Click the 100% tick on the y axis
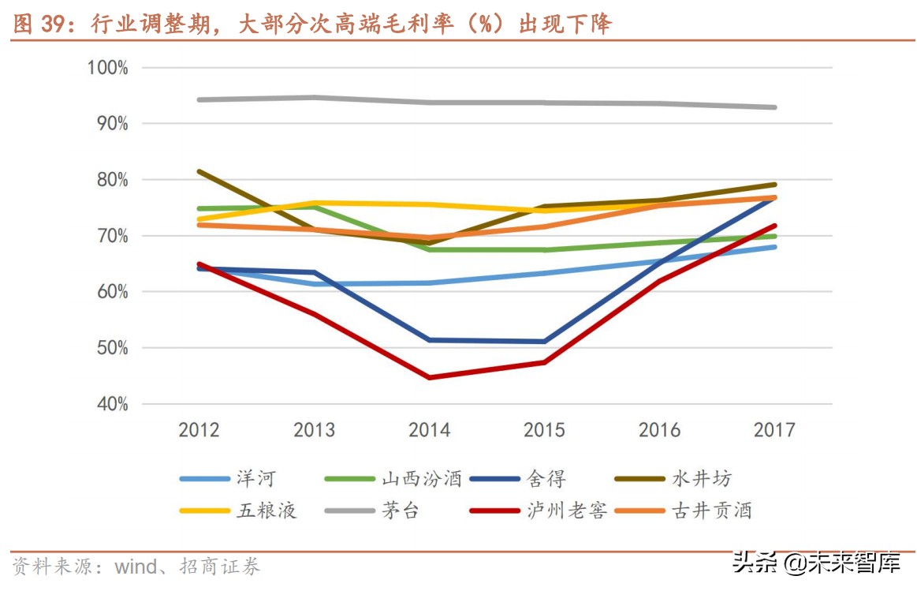click(x=107, y=68)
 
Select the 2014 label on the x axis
click(x=429, y=430)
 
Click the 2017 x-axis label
click(x=774, y=430)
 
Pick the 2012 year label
click(x=199, y=430)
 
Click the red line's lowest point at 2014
click(x=430, y=377)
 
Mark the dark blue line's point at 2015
click(x=545, y=342)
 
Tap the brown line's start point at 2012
click(x=199, y=171)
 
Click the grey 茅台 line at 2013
click(x=315, y=98)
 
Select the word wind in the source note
click(x=136, y=567)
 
